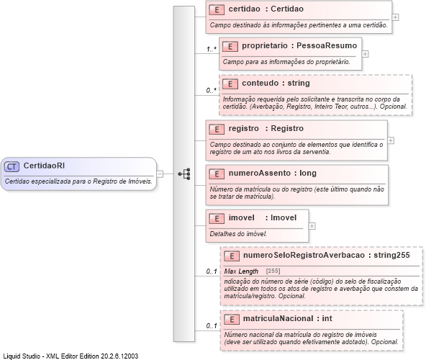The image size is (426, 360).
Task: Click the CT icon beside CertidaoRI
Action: click(12, 166)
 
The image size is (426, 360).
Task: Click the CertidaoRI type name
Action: click(45, 166)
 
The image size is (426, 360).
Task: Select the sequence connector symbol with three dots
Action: click(184, 174)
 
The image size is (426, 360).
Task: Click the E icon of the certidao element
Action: click(216, 10)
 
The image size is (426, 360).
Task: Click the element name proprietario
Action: click(265, 46)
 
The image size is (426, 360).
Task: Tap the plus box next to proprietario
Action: click(365, 53)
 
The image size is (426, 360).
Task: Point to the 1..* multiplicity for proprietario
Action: click(212, 49)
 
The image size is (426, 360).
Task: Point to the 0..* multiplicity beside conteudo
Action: click(212, 90)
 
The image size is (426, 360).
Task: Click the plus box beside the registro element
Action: click(391, 140)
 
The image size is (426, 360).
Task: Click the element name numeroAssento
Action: click(260, 174)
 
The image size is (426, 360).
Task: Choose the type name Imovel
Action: click(285, 217)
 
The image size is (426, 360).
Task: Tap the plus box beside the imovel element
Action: click(312, 225)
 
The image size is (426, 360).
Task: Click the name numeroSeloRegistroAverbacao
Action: click(303, 255)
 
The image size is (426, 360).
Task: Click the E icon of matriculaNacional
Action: click(230, 318)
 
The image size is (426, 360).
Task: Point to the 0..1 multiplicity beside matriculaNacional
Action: click(212, 326)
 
